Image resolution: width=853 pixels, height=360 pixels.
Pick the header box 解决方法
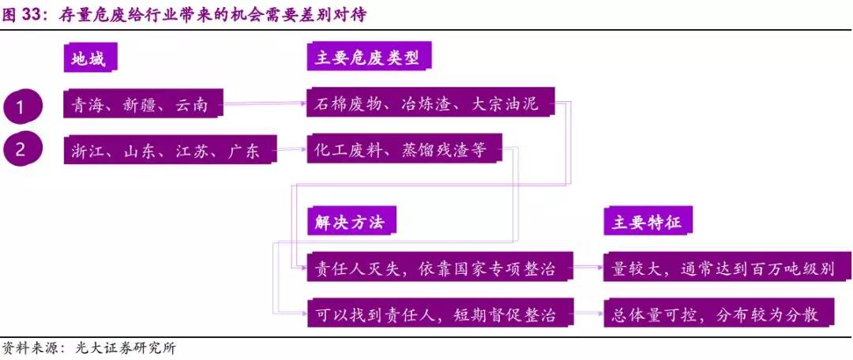coord(350,223)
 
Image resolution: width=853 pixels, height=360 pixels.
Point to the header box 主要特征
coord(648,223)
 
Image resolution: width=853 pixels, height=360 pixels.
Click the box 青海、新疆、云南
coord(141,104)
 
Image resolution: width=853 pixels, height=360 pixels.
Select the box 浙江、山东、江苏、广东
coord(170,149)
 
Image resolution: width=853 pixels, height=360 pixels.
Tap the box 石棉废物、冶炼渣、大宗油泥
coord(430,103)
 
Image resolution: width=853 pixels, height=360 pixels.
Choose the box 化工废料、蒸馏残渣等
coord(402,149)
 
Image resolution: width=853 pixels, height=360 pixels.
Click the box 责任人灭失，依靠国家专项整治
coord(438,269)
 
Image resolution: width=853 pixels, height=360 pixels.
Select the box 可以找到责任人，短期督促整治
coord(438,315)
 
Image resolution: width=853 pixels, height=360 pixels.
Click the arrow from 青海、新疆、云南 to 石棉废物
coord(265,102)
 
